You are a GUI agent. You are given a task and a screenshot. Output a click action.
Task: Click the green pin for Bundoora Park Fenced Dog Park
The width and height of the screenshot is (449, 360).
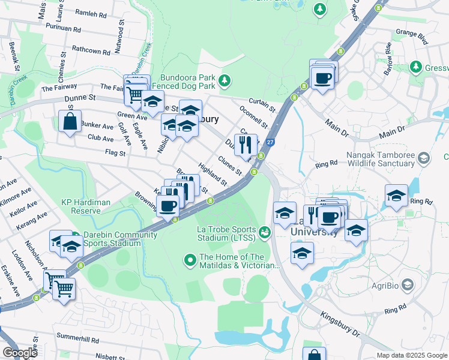tap(224, 80)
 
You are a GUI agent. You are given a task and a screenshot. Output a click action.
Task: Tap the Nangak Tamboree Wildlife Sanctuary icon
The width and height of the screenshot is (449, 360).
tap(424, 158)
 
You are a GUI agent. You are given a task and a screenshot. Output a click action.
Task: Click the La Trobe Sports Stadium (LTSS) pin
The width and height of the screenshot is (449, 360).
tap(265, 230)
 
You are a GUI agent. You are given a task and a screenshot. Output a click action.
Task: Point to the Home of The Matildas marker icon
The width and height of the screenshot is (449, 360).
tap(190, 260)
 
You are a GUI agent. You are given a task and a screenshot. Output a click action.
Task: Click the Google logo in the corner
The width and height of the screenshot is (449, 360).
tap(20, 352)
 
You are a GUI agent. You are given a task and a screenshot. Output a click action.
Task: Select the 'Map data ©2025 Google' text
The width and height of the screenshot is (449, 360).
tap(411, 355)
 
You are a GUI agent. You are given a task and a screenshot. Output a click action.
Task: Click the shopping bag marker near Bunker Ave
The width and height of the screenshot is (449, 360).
tap(70, 121)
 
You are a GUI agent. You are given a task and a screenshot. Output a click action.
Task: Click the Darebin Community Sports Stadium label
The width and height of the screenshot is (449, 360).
tap(112, 239)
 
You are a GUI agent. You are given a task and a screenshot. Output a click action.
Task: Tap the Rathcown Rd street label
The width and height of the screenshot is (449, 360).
tap(91, 52)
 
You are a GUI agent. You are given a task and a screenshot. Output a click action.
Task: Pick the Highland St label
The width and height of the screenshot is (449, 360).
tap(213, 176)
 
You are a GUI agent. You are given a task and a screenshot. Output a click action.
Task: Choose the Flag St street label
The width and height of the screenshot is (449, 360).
tap(115, 153)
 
